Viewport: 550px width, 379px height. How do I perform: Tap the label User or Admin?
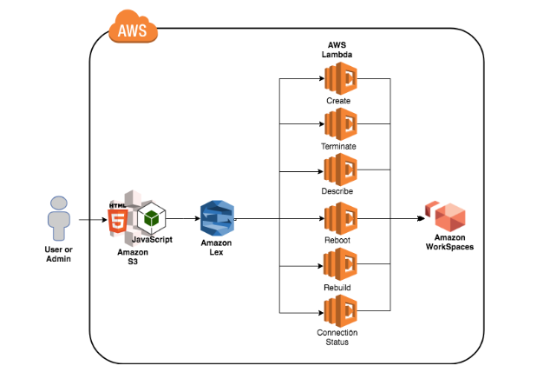point(59,254)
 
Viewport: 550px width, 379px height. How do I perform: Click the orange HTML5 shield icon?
point(116,220)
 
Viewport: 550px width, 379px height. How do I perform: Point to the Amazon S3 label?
point(134,255)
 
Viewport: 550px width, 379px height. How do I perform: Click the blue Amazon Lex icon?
point(216,218)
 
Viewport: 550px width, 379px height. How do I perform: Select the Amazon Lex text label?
point(216,249)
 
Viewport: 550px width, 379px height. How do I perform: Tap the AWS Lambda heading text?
point(338,49)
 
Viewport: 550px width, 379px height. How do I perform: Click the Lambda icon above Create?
point(340,80)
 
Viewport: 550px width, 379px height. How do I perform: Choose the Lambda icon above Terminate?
point(340,125)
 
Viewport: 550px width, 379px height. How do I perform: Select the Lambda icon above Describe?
point(340,170)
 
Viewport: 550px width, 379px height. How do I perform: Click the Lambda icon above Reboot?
point(340,217)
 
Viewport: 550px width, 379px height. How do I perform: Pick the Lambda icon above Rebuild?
point(340,264)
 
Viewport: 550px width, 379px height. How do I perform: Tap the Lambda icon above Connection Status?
point(340,310)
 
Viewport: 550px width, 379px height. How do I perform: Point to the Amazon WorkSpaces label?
point(449,243)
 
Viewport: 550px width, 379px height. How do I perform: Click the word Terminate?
point(339,146)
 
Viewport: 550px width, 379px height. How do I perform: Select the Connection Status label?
point(338,337)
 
